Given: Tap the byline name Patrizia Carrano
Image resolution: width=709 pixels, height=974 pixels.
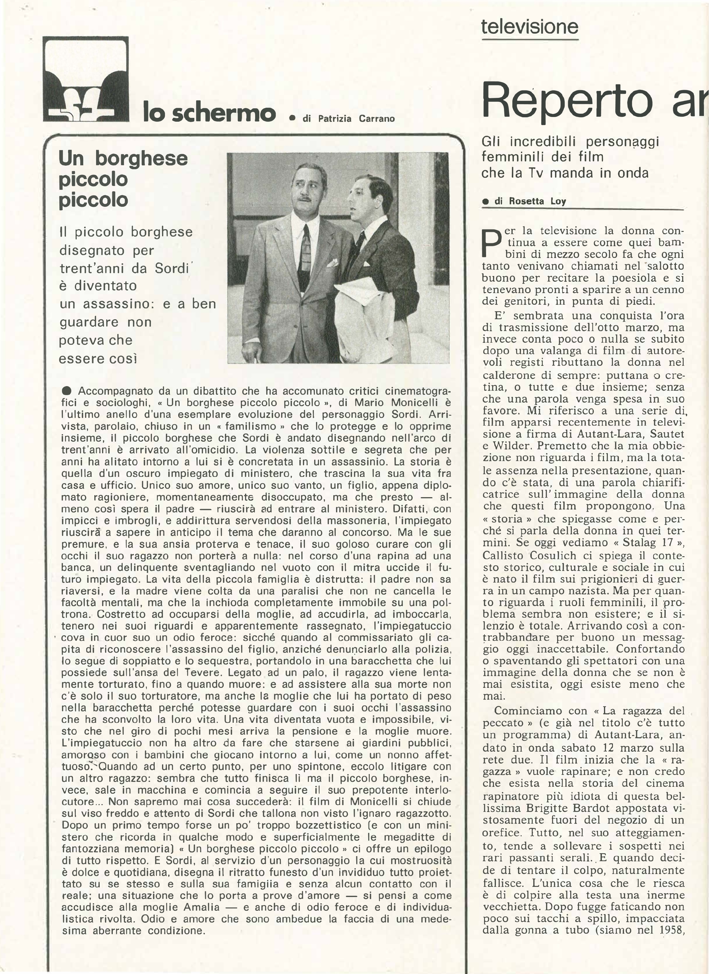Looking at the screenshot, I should click(x=356, y=118).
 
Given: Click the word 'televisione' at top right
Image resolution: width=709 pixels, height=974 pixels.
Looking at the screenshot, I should click(x=529, y=27).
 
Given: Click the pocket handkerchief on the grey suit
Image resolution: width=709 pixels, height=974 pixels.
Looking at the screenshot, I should click(x=332, y=263).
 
